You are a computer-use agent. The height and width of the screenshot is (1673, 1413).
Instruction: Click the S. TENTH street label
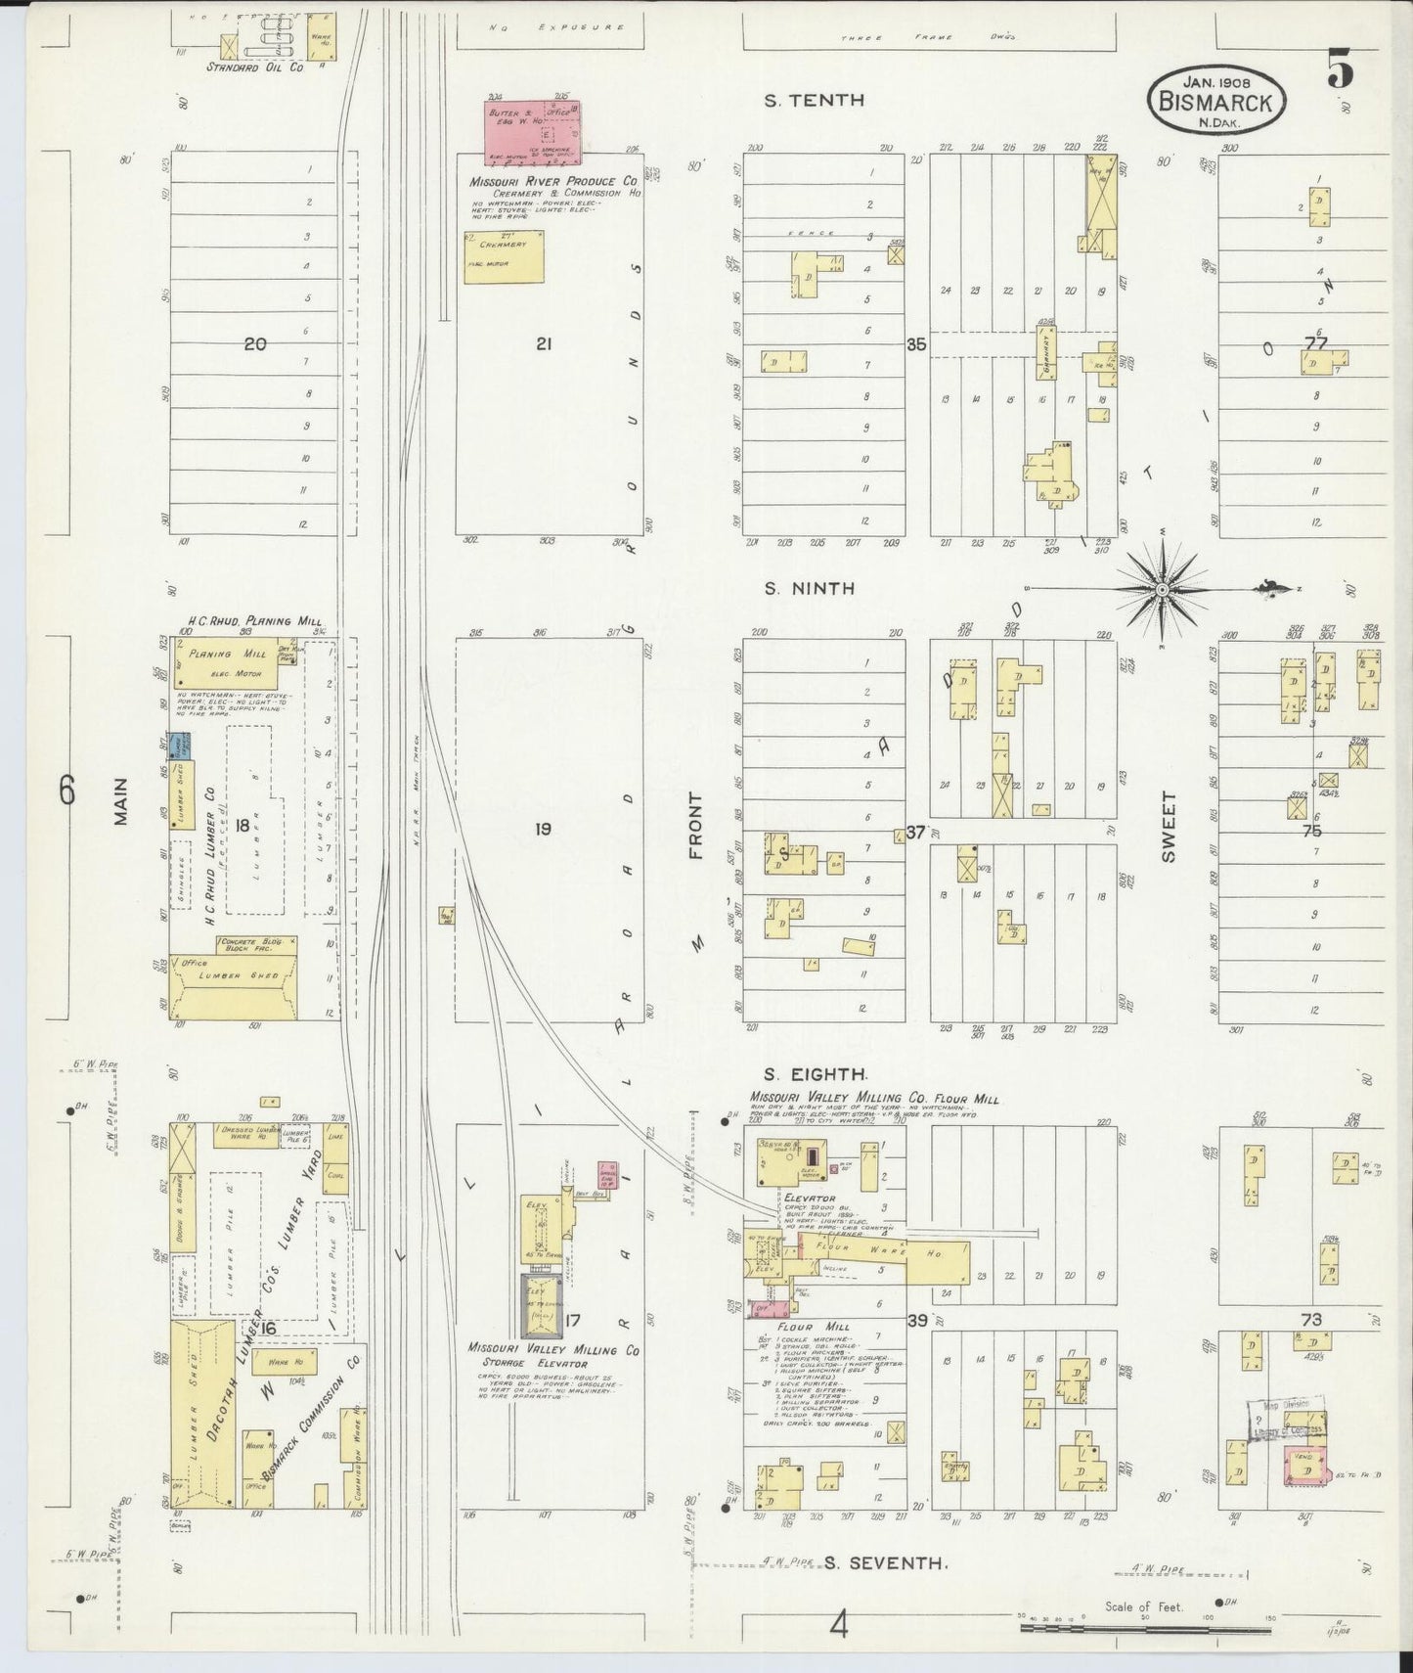click(x=815, y=100)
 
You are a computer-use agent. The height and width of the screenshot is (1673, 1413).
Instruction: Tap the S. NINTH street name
click(x=810, y=588)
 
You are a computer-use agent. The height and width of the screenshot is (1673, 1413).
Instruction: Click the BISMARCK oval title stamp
click(x=1216, y=101)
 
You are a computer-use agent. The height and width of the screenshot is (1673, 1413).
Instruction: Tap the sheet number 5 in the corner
click(x=1340, y=71)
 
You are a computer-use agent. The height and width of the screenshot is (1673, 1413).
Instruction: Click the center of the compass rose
click(x=1161, y=589)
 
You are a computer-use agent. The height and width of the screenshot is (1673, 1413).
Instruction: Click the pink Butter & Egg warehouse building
click(x=533, y=129)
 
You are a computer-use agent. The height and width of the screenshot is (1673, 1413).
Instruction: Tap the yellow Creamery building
click(x=504, y=256)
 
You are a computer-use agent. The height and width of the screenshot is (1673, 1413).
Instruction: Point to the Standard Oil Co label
click(x=254, y=68)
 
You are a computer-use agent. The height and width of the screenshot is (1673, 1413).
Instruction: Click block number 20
click(x=255, y=343)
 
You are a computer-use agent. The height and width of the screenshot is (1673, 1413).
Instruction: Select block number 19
click(x=543, y=830)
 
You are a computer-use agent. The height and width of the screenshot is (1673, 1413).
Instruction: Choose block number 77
click(x=1315, y=342)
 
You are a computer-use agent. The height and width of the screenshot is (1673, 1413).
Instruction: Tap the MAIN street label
click(x=121, y=800)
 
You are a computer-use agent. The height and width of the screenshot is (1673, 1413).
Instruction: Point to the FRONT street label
click(x=696, y=826)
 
